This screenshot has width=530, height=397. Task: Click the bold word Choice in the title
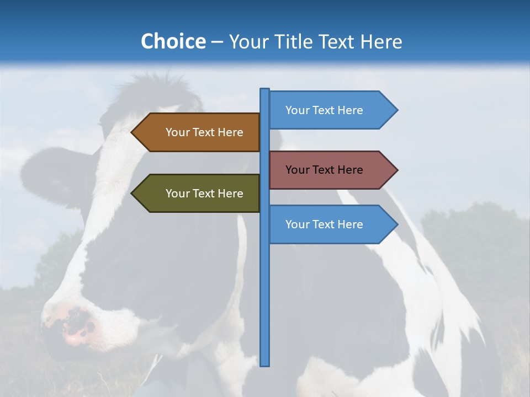(173, 41)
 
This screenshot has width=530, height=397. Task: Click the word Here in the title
(381, 41)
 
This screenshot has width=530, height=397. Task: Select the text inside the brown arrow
(204, 132)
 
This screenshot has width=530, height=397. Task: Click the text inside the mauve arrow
(324, 170)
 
